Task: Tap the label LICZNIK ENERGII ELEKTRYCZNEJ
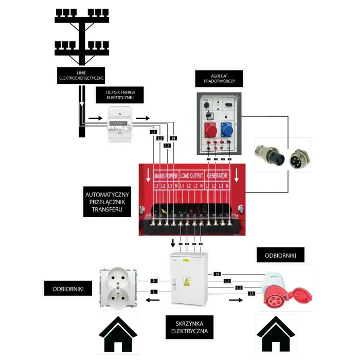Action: pos(120,94)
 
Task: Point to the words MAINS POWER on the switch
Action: pos(166,175)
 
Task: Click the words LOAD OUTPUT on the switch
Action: pos(192,175)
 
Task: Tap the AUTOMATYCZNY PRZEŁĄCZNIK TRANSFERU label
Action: pos(107,202)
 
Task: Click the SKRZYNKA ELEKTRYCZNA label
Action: pos(189,327)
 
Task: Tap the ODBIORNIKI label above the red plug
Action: pos(280,255)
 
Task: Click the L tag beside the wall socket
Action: pos(153,292)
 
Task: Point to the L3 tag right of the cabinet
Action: pos(227,281)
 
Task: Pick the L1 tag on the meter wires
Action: pos(153,132)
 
